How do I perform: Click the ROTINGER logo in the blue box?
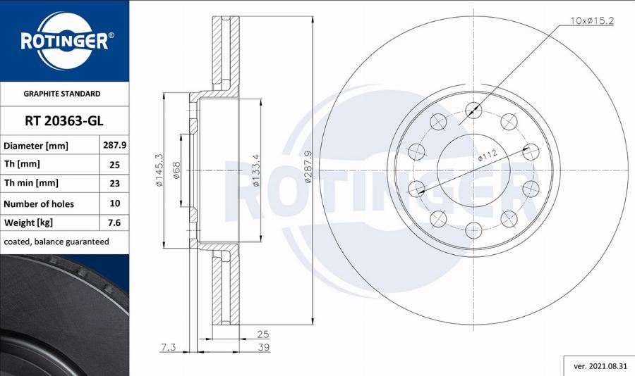pyautogui.click(x=64, y=40)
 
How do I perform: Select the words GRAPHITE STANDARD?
pyautogui.click(x=62, y=94)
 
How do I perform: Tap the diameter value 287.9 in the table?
pyautogui.click(x=114, y=145)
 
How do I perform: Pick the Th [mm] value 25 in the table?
pyautogui.click(x=114, y=165)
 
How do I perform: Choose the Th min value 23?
pyautogui.click(x=114, y=184)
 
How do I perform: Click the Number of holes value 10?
pyautogui.click(x=114, y=203)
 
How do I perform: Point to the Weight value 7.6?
pyautogui.click(x=114, y=223)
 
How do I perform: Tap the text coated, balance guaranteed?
pyautogui.click(x=56, y=242)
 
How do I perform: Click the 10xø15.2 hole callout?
pyautogui.click(x=591, y=21)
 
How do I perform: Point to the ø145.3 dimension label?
pyautogui.click(x=159, y=170)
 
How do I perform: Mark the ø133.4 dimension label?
pyautogui.click(x=257, y=170)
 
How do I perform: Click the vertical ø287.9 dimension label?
pyautogui.click(x=308, y=167)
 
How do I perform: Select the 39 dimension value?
pyautogui.click(x=263, y=348)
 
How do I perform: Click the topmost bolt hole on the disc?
pyautogui.click(x=473, y=109)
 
